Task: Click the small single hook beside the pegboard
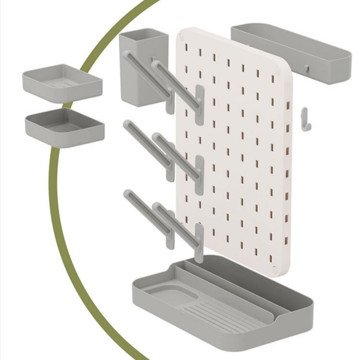point(305,120)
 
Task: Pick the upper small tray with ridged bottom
point(62,82)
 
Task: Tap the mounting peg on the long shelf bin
point(306,67)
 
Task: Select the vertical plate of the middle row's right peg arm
point(200,175)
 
